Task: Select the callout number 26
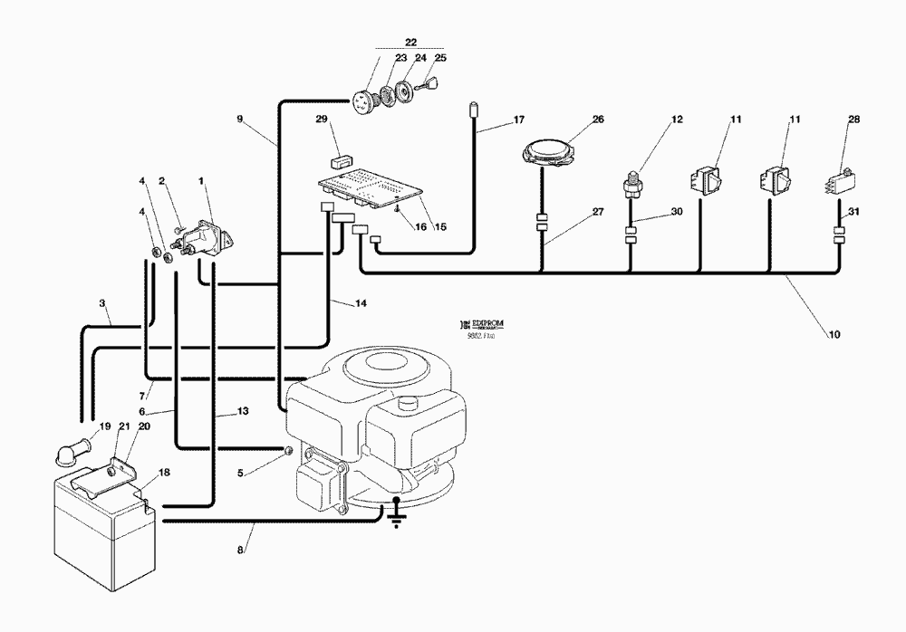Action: point(597,118)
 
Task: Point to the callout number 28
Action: point(853,119)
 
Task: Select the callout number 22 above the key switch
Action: point(410,42)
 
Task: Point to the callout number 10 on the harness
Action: point(834,334)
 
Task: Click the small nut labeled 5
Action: point(286,451)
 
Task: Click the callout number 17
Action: point(518,119)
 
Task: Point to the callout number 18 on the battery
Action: point(164,472)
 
